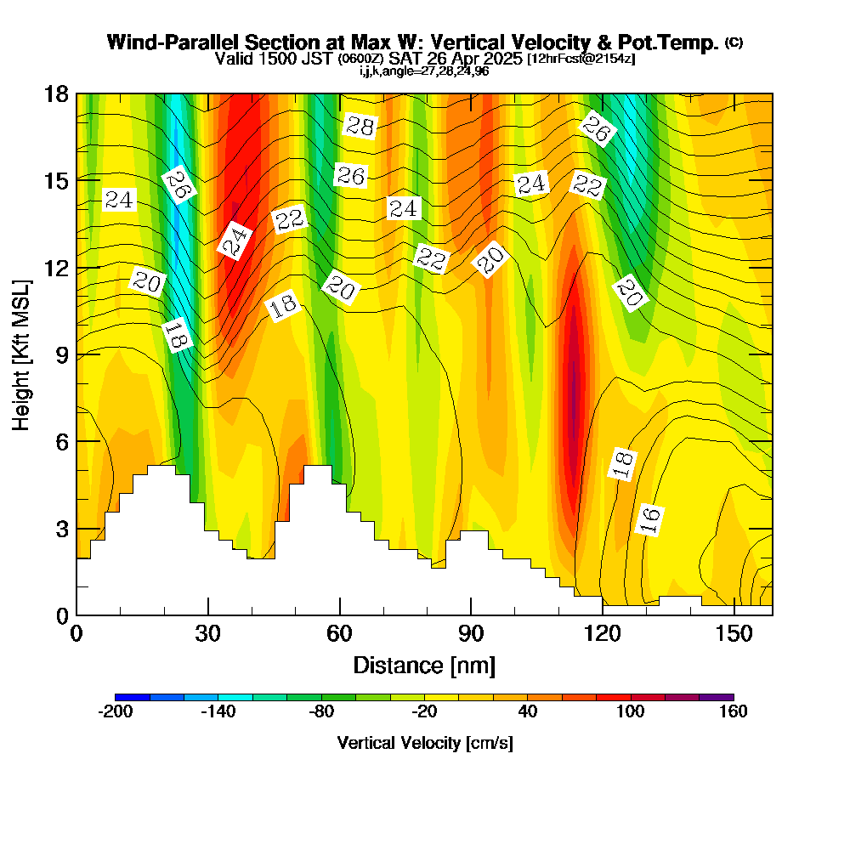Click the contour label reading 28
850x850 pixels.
pyautogui.click(x=360, y=127)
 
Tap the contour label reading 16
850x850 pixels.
pyautogui.click(x=649, y=519)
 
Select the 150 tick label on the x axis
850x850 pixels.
pyautogui.click(x=734, y=634)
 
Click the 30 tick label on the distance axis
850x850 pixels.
pyautogui.click(x=208, y=634)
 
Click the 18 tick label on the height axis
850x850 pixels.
pyautogui.click(x=56, y=93)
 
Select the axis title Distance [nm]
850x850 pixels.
pyautogui.click(x=424, y=665)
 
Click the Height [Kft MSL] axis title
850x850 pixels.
pyautogui.click(x=22, y=354)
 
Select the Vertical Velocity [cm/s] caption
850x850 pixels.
pyautogui.click(x=424, y=743)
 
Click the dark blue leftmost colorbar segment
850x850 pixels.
pyautogui.click(x=133, y=697)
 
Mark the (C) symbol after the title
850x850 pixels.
pyautogui.click(x=734, y=42)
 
